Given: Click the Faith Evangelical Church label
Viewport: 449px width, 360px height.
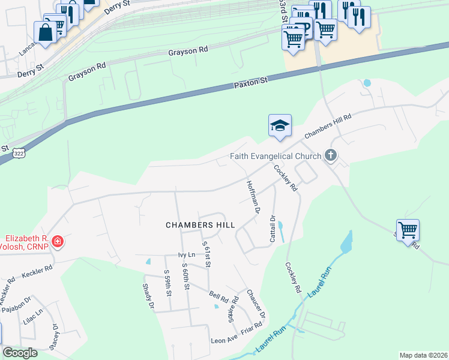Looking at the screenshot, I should click(277, 157).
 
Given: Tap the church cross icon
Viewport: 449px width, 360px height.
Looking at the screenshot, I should click(330, 156).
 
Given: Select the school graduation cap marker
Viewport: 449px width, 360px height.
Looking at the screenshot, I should click(280, 125).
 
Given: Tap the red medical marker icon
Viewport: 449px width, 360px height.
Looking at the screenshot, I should click(58, 242).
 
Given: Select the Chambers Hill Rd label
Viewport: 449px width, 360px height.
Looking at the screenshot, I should click(327, 127).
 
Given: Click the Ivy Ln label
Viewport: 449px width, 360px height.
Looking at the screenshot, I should click(187, 255).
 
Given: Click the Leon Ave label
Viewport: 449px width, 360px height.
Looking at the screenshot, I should click(224, 340).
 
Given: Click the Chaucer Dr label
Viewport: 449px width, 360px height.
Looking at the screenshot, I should click(256, 304).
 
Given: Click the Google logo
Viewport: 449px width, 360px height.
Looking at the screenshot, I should click(20, 353).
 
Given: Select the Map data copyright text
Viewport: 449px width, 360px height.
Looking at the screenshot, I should click(423, 355).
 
